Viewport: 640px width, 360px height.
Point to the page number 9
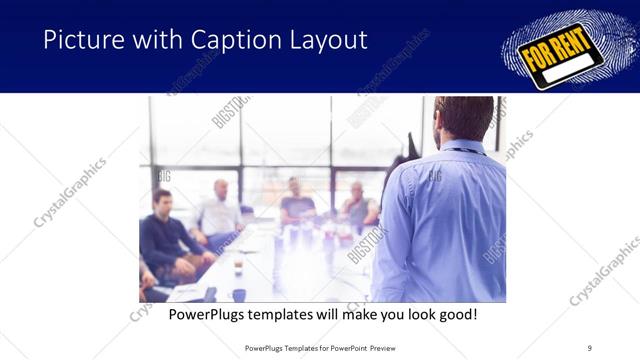pyautogui.click(x=589, y=347)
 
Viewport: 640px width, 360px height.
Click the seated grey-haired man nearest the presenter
pyautogui.click(x=358, y=204)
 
